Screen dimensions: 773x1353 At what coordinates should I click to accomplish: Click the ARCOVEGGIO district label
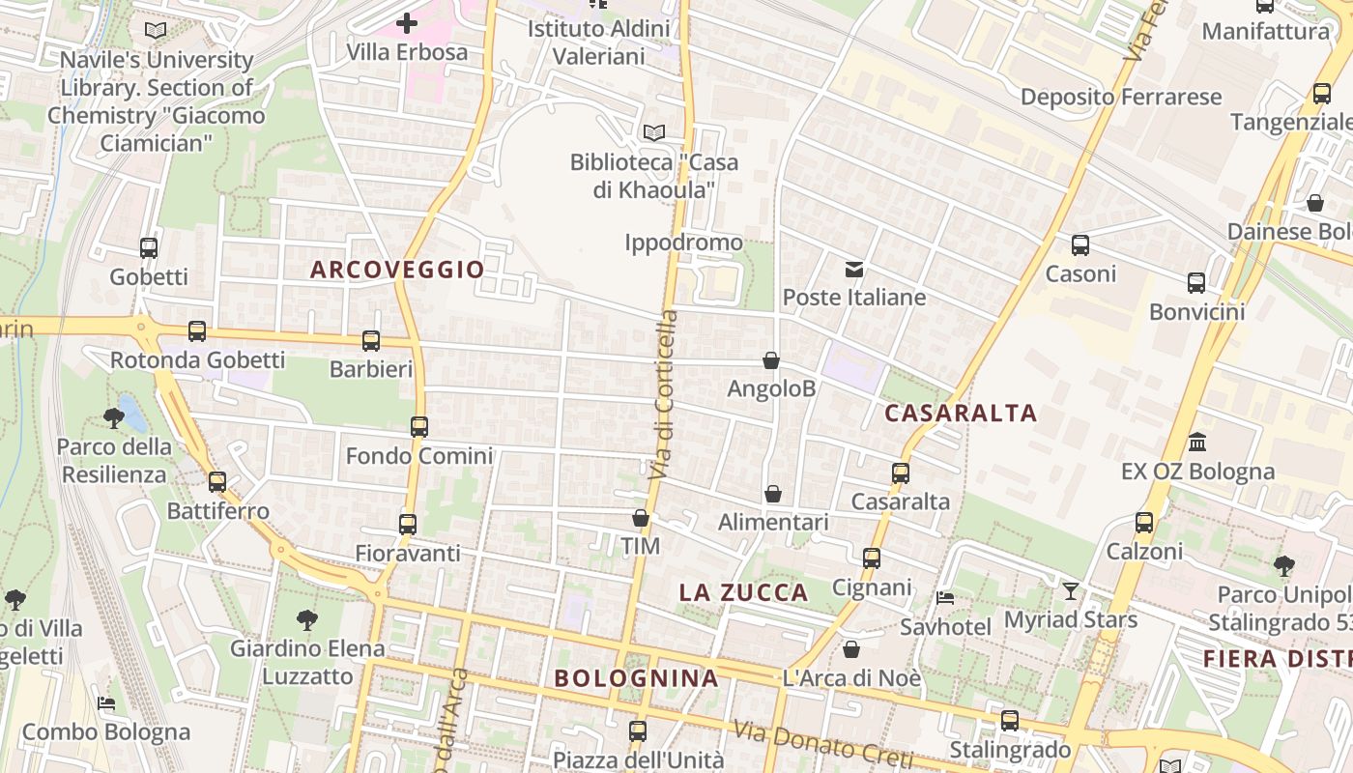pos(397,270)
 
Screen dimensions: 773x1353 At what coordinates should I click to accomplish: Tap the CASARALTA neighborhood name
pos(961,414)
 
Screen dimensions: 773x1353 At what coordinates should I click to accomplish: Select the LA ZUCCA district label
pos(743,592)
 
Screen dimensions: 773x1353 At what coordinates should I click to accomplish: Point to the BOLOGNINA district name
pos(636,678)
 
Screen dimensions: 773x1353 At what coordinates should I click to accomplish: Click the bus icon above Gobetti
pos(149,248)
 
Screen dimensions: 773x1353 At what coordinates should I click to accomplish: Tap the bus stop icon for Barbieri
pos(371,341)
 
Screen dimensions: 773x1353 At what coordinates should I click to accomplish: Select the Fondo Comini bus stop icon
pos(418,427)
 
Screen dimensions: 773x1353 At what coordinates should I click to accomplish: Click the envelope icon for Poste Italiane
pos(854,270)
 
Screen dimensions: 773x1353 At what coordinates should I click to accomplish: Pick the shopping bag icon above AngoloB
pos(771,361)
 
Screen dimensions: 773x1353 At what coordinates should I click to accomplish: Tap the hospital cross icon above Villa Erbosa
pos(407,22)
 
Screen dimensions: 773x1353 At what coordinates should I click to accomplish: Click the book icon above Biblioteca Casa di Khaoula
pos(654,132)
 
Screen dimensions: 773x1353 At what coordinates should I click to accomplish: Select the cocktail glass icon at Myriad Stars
pos(1071,590)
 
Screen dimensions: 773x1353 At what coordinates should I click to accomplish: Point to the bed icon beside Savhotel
pos(945,598)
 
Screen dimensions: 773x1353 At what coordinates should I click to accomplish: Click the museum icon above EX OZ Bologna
pos(1197,443)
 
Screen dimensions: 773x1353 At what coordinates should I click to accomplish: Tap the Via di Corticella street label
pos(664,396)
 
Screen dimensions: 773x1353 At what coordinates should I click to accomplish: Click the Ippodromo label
pos(683,243)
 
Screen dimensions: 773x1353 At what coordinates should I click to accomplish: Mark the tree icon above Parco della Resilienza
pos(113,418)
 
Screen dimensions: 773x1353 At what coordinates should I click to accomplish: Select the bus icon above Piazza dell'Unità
pos(638,730)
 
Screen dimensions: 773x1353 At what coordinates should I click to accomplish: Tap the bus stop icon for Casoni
pos(1080,245)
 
